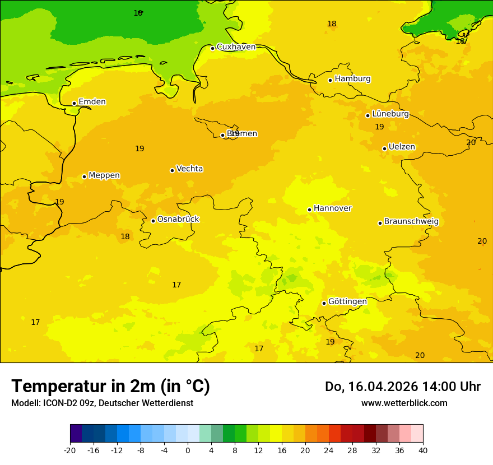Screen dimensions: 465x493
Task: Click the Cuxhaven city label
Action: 236,47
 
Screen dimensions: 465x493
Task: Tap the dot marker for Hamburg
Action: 330,80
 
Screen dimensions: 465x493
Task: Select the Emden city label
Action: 92,102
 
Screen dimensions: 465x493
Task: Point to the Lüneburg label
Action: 390,114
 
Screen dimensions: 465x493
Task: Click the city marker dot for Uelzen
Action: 384,148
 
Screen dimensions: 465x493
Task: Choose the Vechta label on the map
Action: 189,169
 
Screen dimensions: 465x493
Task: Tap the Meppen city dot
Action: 84,176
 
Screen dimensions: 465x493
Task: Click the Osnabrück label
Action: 178,219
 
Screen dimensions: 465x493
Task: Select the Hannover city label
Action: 332,208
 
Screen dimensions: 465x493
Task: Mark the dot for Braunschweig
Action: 380,223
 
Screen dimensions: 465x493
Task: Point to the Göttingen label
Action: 347,301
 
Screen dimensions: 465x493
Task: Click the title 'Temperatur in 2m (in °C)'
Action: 110,386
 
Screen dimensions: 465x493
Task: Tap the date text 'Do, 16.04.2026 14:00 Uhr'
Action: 402,387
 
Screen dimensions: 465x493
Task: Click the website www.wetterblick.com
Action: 404,403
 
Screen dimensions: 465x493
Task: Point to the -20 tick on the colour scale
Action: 70,450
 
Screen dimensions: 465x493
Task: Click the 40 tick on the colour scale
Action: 422,450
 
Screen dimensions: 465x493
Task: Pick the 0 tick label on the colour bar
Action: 188,450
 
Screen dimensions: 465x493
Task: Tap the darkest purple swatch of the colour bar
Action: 76,434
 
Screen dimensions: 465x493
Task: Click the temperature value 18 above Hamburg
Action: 332,24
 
